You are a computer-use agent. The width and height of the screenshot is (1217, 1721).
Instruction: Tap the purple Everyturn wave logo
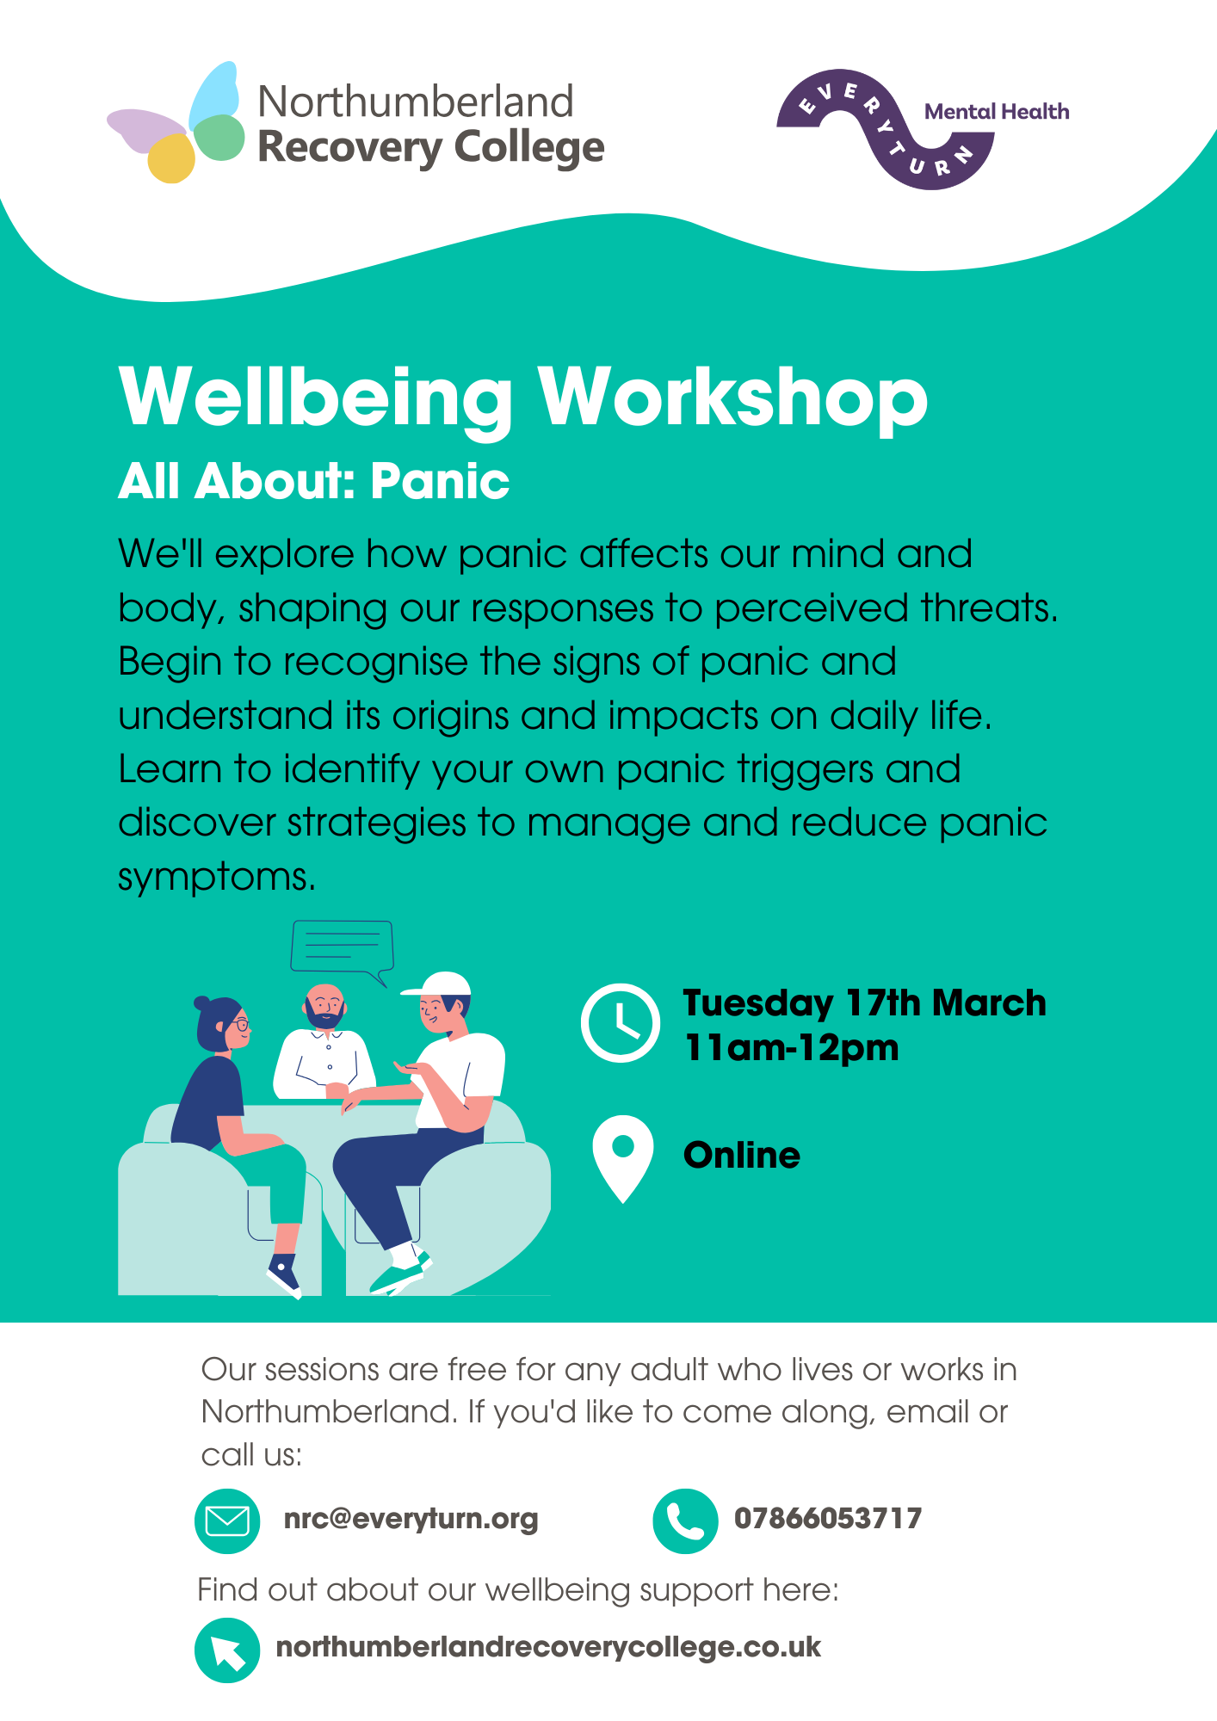click(x=886, y=129)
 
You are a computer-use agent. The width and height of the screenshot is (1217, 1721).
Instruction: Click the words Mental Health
click(x=997, y=112)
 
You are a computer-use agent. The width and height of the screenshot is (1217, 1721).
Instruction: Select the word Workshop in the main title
click(x=733, y=398)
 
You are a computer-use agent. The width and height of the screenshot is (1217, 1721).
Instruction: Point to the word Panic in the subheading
click(x=440, y=481)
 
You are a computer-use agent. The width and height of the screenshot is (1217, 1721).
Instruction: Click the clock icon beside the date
click(x=621, y=1022)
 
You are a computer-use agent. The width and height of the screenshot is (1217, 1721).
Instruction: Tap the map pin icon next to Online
click(x=623, y=1158)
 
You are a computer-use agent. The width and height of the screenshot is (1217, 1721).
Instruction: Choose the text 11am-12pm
click(x=791, y=1048)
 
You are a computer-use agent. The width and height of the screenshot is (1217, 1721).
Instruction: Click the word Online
click(x=742, y=1156)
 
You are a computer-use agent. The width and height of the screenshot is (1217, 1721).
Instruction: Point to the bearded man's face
click(x=325, y=1006)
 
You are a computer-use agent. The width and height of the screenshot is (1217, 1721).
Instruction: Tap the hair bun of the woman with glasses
click(x=201, y=1003)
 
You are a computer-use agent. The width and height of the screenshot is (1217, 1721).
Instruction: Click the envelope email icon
click(x=227, y=1521)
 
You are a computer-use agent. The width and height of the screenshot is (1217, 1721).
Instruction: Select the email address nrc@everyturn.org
click(x=411, y=1520)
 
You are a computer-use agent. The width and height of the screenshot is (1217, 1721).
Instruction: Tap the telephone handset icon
click(x=685, y=1521)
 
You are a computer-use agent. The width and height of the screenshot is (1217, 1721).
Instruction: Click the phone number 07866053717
click(x=828, y=1519)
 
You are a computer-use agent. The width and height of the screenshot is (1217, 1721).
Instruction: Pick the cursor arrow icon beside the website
click(x=227, y=1650)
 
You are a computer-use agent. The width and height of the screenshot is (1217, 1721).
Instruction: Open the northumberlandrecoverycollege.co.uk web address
click(x=548, y=1648)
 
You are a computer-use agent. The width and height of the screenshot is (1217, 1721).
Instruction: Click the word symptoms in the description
click(x=217, y=878)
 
